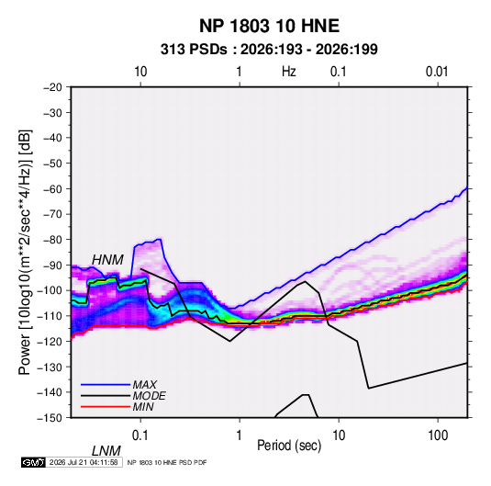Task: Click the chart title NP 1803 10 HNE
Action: tap(269, 26)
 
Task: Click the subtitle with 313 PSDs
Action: tap(269, 50)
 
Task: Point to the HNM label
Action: tap(107, 260)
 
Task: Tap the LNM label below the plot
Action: tap(106, 451)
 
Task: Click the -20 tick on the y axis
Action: tap(52, 87)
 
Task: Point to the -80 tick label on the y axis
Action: tap(52, 240)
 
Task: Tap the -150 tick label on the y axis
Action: tap(50, 418)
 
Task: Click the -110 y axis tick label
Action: tap(50, 316)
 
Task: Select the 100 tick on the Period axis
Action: tap(438, 435)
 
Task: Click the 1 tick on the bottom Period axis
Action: tap(240, 435)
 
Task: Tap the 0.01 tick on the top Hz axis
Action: tap(437, 72)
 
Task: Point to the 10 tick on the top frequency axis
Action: tap(140, 72)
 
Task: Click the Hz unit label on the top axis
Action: tap(289, 72)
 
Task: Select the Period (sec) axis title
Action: tap(289, 446)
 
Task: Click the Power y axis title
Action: tap(25, 253)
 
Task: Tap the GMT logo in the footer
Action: tap(34, 462)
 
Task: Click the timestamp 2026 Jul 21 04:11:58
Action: tap(84, 462)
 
